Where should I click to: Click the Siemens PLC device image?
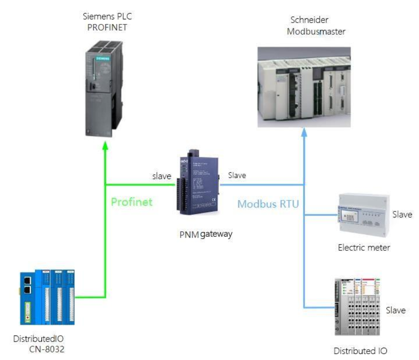coord(104,89)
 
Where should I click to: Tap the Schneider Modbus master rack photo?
coord(304,87)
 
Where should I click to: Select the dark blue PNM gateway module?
coord(198,183)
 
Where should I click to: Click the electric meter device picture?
coord(363,215)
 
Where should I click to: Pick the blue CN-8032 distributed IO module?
coord(47,297)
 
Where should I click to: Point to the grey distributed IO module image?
coord(357,306)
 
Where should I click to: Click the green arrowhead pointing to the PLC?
coord(105,145)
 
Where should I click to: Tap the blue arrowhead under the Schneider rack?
coord(304,132)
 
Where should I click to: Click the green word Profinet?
coord(132,202)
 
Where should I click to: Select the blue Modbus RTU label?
coord(268,204)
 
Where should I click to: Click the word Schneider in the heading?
coord(309,20)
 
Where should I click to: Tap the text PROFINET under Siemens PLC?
coord(107,27)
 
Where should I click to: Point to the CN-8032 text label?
coord(47,349)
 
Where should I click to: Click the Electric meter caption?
coord(364,248)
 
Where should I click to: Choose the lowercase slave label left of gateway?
coord(161,176)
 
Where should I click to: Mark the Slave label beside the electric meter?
coord(402,215)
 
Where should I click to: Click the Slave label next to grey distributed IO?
coord(396,310)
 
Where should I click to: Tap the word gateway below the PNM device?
coord(216,234)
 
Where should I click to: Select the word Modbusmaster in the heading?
coord(316,32)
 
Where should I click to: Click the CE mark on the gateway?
coord(214,200)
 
